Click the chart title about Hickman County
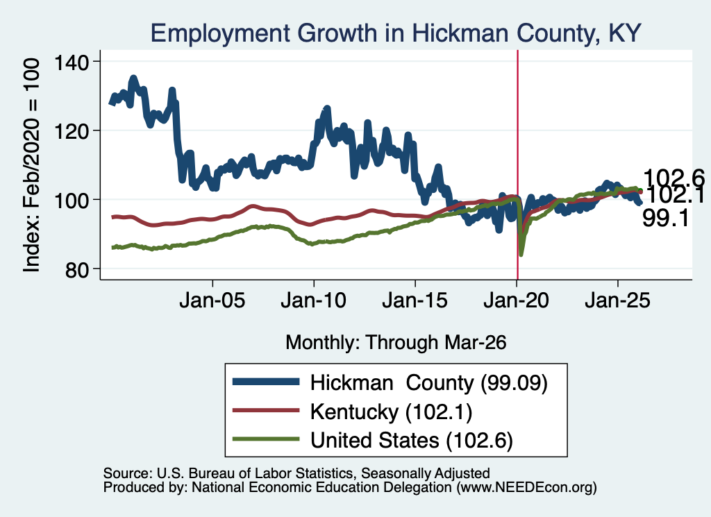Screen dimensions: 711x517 pyautogui.click(x=395, y=33)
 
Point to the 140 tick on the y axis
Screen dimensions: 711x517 pyautogui.click(x=72, y=62)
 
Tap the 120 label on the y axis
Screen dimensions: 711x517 pyautogui.click(x=72, y=131)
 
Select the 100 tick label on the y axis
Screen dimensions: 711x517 pyautogui.click(x=72, y=201)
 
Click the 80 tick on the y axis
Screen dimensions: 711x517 pyautogui.click(x=77, y=269)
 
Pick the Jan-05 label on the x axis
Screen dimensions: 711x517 pyautogui.click(x=212, y=300)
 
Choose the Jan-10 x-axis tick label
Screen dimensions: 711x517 pyautogui.click(x=313, y=300)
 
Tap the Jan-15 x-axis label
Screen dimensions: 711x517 pyautogui.click(x=415, y=300)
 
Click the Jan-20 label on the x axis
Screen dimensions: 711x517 pyautogui.click(x=516, y=300)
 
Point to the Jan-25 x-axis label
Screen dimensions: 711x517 pyautogui.click(x=617, y=300)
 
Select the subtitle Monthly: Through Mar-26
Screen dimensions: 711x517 pyautogui.click(x=396, y=342)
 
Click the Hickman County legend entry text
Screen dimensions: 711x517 pyautogui.click(x=429, y=383)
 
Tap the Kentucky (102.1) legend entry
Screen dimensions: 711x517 pyautogui.click(x=392, y=412)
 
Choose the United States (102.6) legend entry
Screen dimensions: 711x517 pyautogui.click(x=412, y=441)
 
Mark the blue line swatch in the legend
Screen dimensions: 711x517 pyautogui.click(x=266, y=382)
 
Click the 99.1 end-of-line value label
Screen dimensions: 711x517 pyautogui.click(x=666, y=219)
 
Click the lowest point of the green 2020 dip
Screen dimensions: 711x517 pyautogui.click(x=521, y=255)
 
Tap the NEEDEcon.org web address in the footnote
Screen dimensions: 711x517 pyautogui.click(x=526, y=488)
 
